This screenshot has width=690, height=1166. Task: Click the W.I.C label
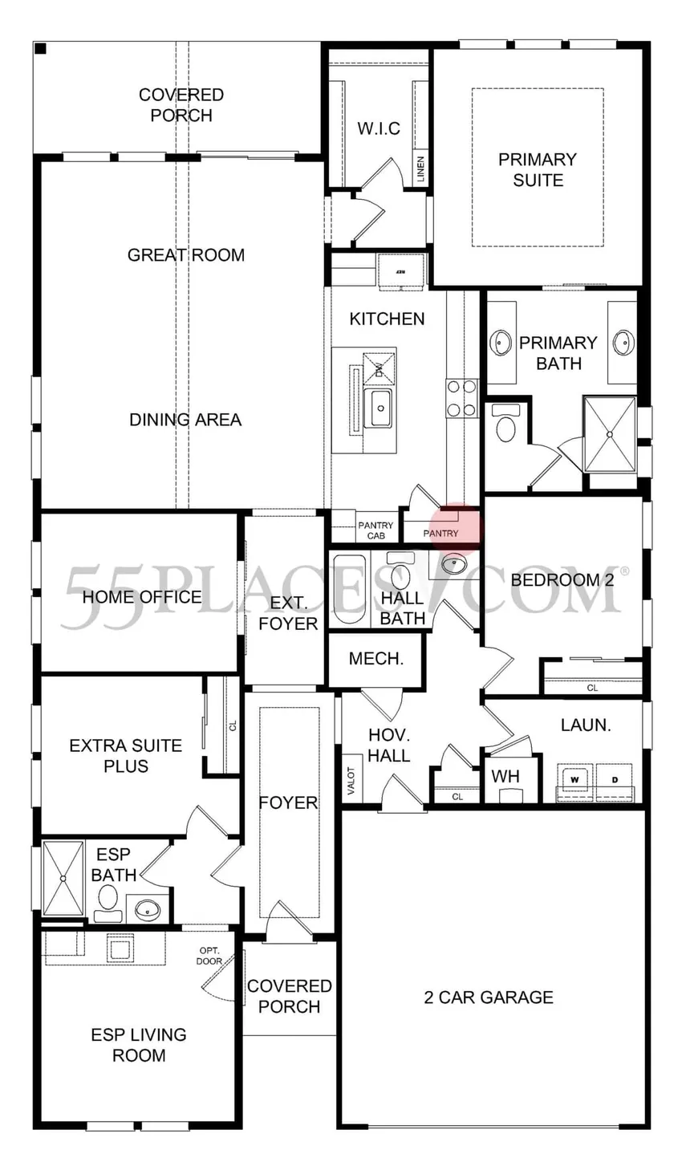pos(378,128)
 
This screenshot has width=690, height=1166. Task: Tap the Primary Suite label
pos(538,169)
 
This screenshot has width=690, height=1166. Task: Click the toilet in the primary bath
pos(506,425)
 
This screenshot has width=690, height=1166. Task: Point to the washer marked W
pos(575,779)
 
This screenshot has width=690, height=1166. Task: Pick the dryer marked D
pos(615,779)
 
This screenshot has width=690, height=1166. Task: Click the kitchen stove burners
pos(461,398)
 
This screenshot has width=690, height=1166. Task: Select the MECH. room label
pos(375,659)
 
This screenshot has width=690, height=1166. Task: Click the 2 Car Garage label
pos(489,997)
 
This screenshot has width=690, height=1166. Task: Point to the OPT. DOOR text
pos(209,956)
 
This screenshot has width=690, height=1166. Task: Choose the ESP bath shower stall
pos(63,877)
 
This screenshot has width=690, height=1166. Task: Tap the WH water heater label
pos(505,776)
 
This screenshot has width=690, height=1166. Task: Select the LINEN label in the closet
pos(420,169)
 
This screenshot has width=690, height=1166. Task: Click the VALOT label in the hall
pos(351,778)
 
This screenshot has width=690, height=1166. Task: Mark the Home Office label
pos(142,596)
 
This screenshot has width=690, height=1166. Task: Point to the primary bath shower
pos(610,434)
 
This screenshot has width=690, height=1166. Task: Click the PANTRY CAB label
pos(375,530)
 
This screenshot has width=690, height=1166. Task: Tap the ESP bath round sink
pos(148,910)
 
